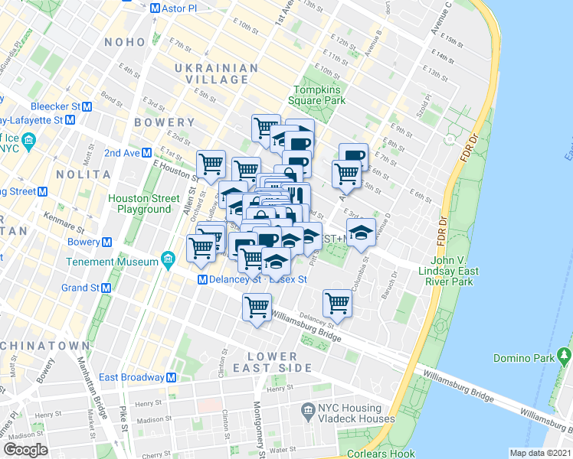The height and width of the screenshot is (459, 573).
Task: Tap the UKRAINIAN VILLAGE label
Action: pyautogui.click(x=216, y=74)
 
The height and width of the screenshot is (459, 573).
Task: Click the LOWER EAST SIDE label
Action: pyautogui.click(x=272, y=362)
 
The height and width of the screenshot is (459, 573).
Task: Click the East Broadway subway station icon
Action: pyautogui.click(x=172, y=377)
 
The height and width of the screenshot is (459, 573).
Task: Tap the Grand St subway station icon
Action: pyautogui.click(x=106, y=288)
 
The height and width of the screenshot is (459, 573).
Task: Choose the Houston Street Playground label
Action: pyautogui.click(x=144, y=203)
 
